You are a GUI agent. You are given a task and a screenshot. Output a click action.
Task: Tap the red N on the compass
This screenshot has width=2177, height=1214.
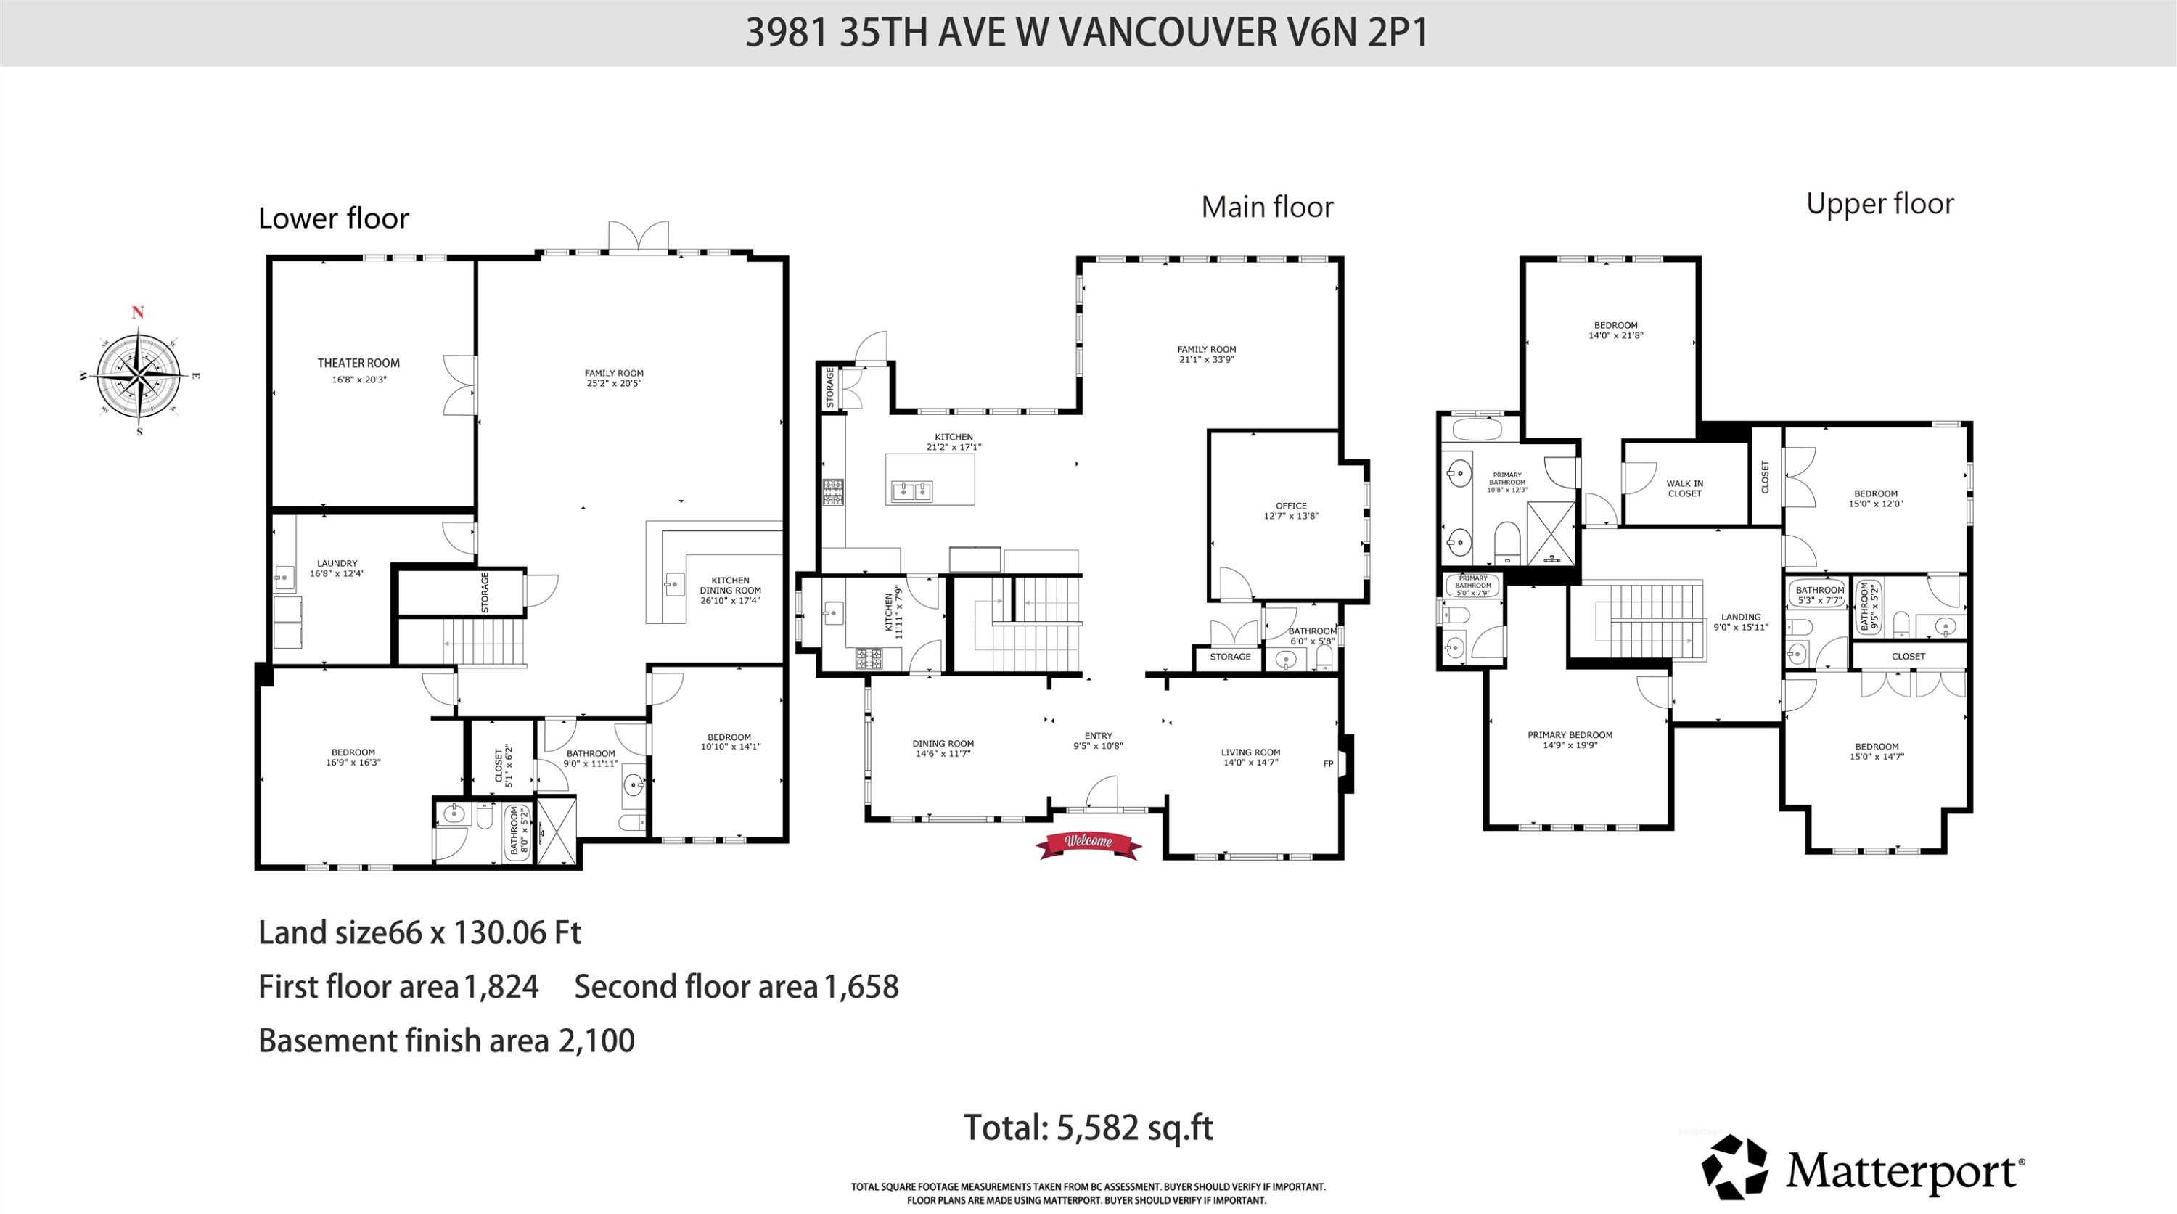138,313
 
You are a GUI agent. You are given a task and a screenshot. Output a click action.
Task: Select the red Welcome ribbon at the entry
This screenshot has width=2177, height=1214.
1088,842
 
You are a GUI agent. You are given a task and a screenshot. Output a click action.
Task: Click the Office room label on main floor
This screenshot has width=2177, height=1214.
1290,510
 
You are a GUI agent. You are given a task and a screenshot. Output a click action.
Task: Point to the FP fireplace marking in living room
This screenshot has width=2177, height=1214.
1328,763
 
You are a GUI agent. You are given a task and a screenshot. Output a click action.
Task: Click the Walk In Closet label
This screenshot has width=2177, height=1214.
1684,488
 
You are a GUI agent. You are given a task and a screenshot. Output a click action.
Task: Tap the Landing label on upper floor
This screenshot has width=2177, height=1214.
1740,622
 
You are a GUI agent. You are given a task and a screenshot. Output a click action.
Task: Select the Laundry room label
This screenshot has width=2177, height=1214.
337,567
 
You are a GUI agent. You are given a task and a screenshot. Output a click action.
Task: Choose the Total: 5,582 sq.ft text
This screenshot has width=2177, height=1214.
1088,1128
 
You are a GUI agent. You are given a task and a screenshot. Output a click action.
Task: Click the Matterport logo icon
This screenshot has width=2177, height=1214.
1734,1168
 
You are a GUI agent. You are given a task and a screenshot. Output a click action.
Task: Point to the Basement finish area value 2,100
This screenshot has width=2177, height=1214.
596,1041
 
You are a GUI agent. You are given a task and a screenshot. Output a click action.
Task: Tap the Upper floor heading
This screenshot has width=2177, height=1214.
1879,204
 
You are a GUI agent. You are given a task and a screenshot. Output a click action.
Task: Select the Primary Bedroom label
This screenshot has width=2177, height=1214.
1570,739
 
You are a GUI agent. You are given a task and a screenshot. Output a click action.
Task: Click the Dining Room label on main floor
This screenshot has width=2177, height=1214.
943,747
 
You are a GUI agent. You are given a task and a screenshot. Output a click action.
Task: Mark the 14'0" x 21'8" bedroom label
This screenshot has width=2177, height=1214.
1615,330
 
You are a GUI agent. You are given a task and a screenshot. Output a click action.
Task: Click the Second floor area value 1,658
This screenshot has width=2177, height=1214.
861,987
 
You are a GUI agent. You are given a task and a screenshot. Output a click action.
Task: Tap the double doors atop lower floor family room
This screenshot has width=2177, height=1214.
638,237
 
